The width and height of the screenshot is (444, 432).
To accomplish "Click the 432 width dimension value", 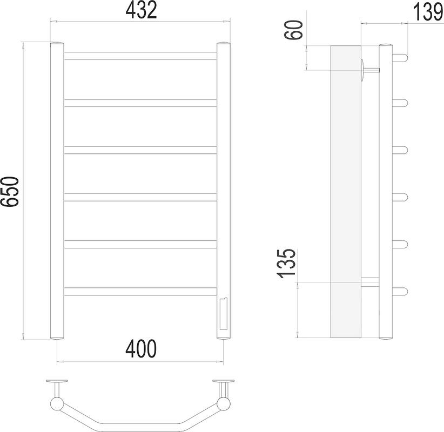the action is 141,10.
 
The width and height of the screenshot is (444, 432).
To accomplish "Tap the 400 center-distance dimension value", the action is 141,348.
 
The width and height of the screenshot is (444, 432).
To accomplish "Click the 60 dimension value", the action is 293,30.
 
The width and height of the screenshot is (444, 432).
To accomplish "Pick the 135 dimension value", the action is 286,264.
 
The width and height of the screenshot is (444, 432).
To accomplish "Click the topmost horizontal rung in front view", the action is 140,56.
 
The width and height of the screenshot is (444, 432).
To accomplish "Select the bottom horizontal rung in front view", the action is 140,292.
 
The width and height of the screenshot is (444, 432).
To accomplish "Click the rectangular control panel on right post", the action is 223,314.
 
